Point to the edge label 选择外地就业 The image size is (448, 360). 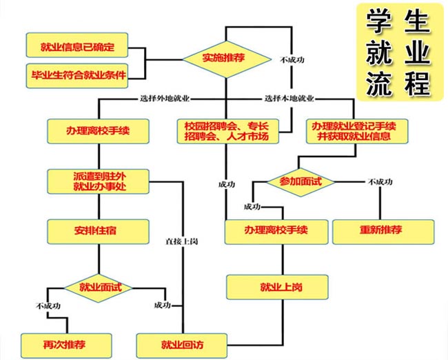click(165, 98)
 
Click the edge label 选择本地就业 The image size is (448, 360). click(289, 98)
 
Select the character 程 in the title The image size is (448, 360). click(416, 83)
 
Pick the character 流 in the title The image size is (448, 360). click(378, 83)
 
